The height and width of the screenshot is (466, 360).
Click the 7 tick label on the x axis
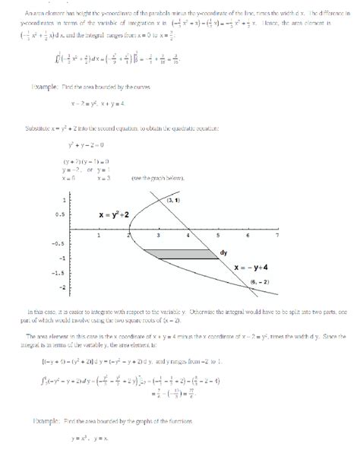tap(278, 235)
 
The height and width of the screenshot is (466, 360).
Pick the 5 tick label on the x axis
tap(218, 235)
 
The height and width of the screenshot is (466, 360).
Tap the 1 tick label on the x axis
tap(99, 235)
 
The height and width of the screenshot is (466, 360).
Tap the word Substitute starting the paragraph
tap(38, 128)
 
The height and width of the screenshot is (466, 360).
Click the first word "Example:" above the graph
tap(48, 87)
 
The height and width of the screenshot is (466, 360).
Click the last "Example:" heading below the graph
tap(48, 420)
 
